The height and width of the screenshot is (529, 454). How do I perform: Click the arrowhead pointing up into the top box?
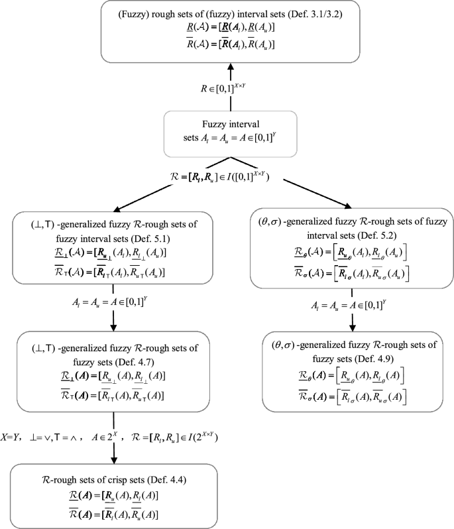(229, 67)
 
